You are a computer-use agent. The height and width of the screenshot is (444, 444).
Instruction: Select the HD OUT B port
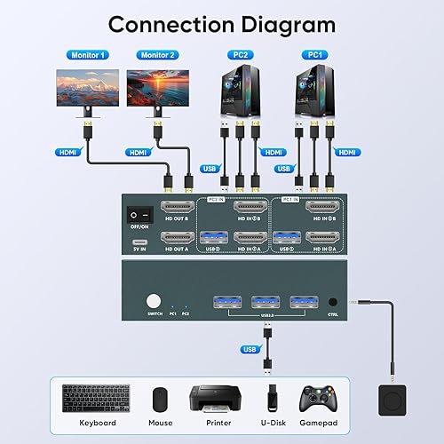click(176, 211)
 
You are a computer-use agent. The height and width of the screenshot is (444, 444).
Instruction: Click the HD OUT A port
click(176, 238)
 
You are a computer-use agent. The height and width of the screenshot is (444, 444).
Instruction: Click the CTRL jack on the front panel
click(332, 302)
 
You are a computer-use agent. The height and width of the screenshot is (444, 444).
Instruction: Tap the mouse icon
click(159, 398)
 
